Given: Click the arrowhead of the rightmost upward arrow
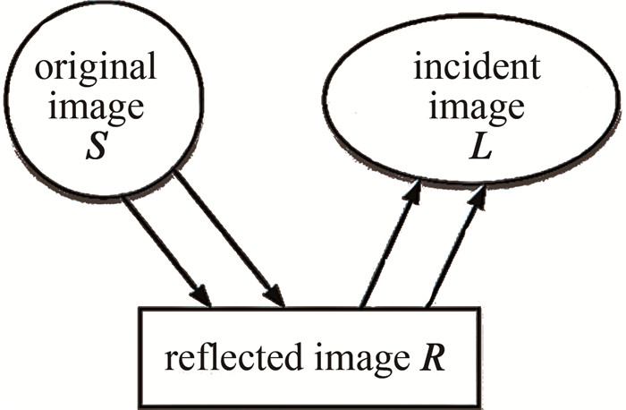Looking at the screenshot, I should pyautogui.click(x=478, y=195).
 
